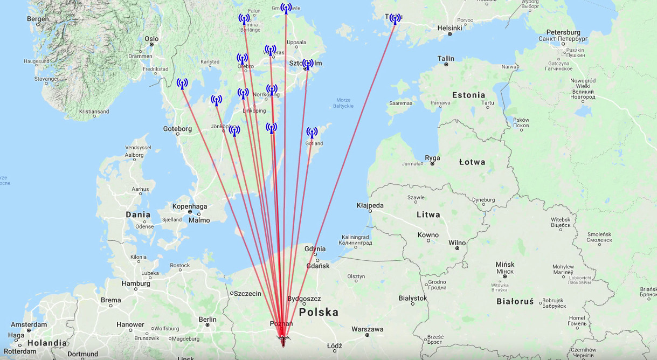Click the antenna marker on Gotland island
tap(312, 133)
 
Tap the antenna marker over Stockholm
tap(308, 65)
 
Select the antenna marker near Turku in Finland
tap(395, 19)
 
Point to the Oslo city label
tap(151, 39)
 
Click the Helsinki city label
tap(449, 28)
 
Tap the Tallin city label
tap(446, 59)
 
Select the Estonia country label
tap(468, 95)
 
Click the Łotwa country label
tap(472, 162)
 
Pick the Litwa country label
tap(428, 214)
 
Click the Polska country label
tap(319, 313)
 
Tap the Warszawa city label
tap(367, 329)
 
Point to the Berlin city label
tap(207, 320)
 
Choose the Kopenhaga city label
tap(190, 206)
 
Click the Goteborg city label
tap(177, 129)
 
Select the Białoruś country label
tap(515, 301)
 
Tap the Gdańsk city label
tap(317, 266)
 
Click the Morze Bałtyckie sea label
tap(343, 103)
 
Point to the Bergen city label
tap(37, 19)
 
